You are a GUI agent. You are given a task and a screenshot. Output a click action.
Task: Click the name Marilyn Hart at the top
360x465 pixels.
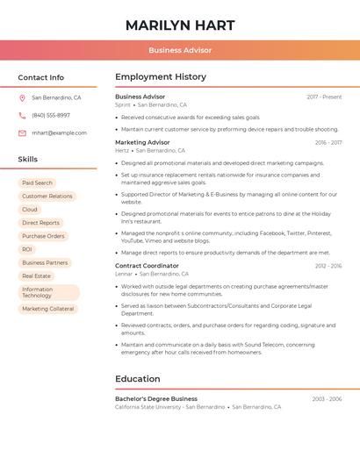click(x=180, y=24)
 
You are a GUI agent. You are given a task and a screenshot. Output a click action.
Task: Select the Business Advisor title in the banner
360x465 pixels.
click(x=180, y=50)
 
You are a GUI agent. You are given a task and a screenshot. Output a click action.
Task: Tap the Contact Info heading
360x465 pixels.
click(x=40, y=77)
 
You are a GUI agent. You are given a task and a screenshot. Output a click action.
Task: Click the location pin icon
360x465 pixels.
click(x=22, y=98)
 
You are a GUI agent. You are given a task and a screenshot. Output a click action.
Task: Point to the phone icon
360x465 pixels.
click(x=22, y=116)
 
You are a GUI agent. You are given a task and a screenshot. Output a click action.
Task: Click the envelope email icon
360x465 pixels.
click(x=22, y=133)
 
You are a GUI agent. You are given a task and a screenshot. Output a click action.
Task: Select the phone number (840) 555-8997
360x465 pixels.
click(x=51, y=116)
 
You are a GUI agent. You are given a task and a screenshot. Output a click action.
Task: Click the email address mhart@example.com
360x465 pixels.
click(x=59, y=133)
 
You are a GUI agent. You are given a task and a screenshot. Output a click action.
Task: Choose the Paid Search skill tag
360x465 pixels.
click(x=37, y=182)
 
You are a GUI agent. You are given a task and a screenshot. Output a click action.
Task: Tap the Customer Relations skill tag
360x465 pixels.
click(x=47, y=197)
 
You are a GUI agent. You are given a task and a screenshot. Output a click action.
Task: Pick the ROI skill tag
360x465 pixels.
click(x=27, y=249)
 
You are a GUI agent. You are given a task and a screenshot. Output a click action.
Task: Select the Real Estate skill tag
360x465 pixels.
click(x=36, y=275)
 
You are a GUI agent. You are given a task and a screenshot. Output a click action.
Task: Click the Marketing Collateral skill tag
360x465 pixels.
click(x=48, y=309)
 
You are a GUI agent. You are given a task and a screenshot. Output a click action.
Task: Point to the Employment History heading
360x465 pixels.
click(x=161, y=77)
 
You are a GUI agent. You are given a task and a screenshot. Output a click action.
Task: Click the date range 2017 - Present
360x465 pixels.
click(x=324, y=97)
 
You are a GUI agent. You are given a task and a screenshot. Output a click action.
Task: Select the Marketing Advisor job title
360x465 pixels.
click(x=142, y=142)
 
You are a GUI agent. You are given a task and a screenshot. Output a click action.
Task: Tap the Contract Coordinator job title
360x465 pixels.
click(x=147, y=265)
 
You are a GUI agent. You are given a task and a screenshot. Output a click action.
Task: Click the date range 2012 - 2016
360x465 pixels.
click(x=328, y=265)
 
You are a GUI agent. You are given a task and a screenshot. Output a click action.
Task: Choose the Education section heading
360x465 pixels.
click(x=138, y=379)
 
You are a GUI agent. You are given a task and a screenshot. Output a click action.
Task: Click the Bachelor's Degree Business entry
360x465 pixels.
click(x=156, y=398)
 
